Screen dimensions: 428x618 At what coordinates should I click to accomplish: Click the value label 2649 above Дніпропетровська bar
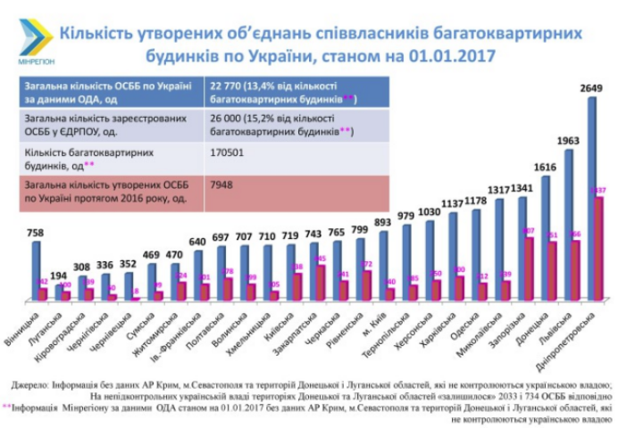coord(591,88)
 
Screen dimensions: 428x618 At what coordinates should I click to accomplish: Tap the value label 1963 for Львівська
coord(568,141)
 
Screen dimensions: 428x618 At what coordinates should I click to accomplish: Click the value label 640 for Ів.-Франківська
coord(198,242)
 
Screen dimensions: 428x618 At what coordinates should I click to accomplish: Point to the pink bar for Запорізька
coord(529,267)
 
